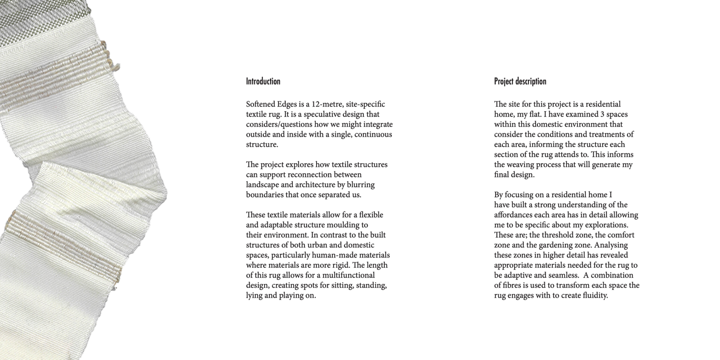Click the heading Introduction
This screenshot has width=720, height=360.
263,81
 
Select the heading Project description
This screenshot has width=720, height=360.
520,81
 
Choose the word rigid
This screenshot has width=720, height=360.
341,265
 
